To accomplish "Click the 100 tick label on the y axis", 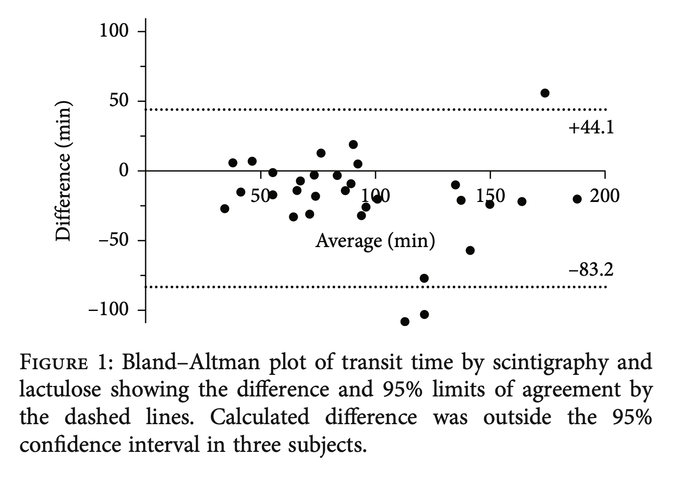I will [x=113, y=31].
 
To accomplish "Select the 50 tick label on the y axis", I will [x=119, y=101].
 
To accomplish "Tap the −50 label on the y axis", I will [x=113, y=240].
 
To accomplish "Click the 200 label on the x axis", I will [x=605, y=196].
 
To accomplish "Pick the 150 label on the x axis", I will [x=490, y=196].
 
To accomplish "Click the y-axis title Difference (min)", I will [x=63, y=171].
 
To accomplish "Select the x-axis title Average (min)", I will [x=375, y=240].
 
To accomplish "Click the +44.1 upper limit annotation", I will [x=591, y=127].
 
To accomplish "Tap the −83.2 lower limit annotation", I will [x=591, y=270].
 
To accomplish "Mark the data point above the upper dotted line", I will [x=545, y=93].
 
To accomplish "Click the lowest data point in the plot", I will [x=405, y=322].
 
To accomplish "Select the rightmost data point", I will [x=577, y=199].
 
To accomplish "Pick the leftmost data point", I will [x=224, y=209].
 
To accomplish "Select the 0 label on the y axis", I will [x=124, y=171].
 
